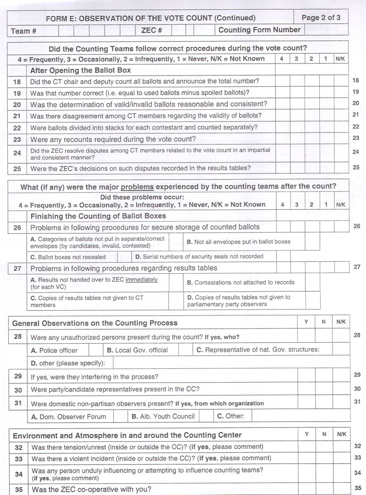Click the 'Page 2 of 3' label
click(x=321, y=18)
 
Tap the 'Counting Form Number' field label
click(x=259, y=30)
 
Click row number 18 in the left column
click(x=17, y=82)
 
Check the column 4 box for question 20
click(x=282, y=104)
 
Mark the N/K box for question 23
click(x=341, y=139)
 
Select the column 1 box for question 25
click(x=326, y=168)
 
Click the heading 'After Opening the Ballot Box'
click(x=81, y=70)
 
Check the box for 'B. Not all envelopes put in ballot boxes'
click(x=312, y=242)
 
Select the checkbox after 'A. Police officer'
click(x=96, y=351)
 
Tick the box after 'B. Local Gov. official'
click(x=185, y=351)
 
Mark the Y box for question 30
click(x=306, y=389)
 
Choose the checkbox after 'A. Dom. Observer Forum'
click(x=120, y=416)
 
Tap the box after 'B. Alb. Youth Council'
click(x=206, y=416)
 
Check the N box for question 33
click(x=323, y=458)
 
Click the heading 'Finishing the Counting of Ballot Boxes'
click(x=98, y=216)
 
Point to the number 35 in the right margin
click(x=357, y=487)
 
